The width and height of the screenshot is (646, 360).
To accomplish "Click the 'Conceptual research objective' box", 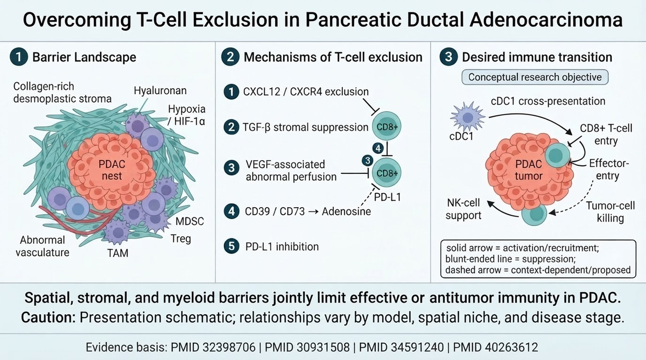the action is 535,77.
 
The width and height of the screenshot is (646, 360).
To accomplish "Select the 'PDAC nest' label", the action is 112,170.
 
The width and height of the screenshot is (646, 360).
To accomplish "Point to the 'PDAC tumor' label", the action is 529,170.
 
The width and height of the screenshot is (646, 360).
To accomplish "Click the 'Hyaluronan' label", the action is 160,91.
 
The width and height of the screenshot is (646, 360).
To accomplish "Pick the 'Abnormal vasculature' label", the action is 43,246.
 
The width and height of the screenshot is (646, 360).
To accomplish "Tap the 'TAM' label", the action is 118,253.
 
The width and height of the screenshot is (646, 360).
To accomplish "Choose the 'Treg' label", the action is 181,239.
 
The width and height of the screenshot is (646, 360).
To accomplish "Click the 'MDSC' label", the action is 189,221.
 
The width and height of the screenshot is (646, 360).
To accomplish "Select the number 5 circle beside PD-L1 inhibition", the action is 231,246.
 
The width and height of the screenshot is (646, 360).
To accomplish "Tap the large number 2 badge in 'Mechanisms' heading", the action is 230,57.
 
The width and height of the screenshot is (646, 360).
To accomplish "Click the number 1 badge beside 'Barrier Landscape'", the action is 19,57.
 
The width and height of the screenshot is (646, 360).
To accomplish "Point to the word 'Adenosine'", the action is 346,211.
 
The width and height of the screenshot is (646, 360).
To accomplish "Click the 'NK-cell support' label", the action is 464,209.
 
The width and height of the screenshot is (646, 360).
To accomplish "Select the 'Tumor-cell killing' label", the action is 610,212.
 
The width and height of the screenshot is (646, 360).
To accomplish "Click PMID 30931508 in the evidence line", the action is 307,347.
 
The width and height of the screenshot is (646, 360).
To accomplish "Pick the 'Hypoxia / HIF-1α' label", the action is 187,115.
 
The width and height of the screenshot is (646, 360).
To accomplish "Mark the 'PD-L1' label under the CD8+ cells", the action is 388,197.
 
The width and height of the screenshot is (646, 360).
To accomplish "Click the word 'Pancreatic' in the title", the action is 354,20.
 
